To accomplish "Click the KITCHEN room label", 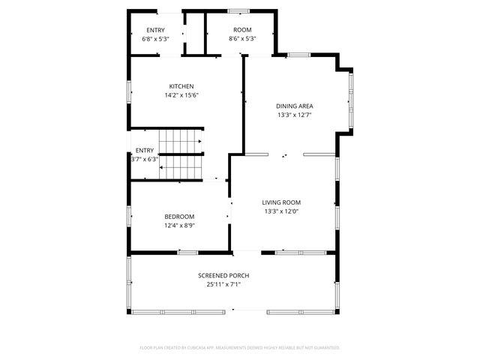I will pos(181,86).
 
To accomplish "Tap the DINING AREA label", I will pos(294,106).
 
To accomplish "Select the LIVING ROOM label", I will pos(281,202).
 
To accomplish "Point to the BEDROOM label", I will pos(179,217).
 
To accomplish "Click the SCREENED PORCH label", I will pos(223,275).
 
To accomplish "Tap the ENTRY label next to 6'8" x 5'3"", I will pos(155,30).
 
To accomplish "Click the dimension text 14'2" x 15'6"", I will pos(181,95).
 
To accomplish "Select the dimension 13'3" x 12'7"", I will pos(294,115).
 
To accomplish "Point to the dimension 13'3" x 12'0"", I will pos(281,211).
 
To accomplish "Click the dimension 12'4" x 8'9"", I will pos(179,226).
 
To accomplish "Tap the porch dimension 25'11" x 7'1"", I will pos(223,284).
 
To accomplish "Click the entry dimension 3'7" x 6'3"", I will pos(145,159).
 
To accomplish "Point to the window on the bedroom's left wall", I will pos(131,217).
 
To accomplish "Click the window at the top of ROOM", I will pos(239,11).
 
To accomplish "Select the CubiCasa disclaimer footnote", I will pos(240,348).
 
